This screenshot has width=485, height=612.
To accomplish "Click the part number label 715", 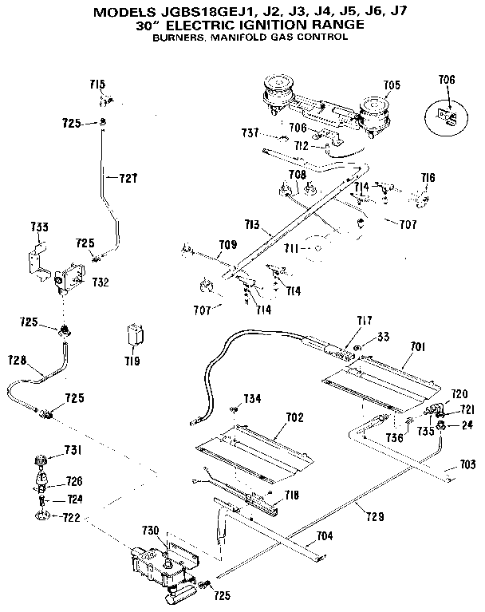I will [97, 85].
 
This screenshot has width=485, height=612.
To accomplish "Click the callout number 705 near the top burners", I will [392, 85].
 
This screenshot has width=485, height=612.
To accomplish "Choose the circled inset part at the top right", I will [448, 116].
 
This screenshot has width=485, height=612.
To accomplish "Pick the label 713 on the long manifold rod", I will [254, 227].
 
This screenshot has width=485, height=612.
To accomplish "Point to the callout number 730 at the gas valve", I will [151, 531].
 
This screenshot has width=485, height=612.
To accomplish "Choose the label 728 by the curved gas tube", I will [18, 361].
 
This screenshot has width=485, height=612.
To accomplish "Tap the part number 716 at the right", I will [428, 177].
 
